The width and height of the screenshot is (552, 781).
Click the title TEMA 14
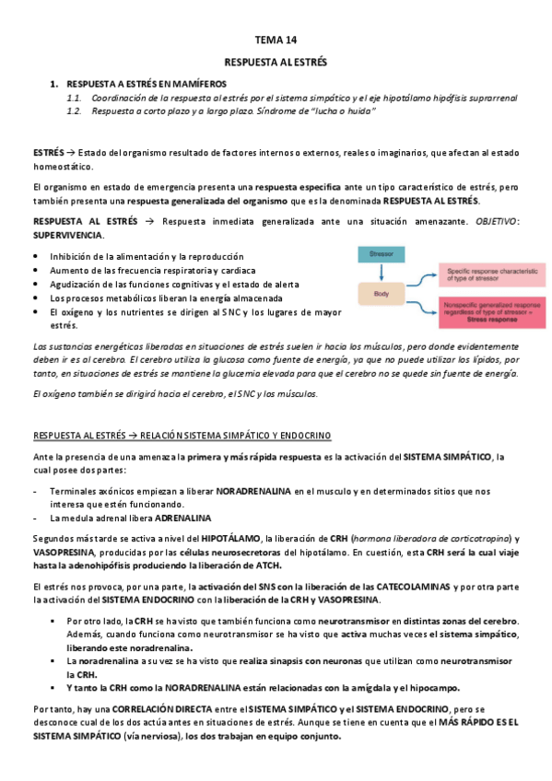[x=276, y=40]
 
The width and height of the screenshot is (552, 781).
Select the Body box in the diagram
[x=381, y=296]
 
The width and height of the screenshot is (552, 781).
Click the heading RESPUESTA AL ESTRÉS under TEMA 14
[x=276, y=62]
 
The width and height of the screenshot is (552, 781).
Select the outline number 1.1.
[x=75, y=98]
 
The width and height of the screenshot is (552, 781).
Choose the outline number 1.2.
[x=75, y=111]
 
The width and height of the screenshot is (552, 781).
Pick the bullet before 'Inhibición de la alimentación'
[x=36, y=256]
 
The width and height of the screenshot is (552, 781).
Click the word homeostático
[x=62, y=167]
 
